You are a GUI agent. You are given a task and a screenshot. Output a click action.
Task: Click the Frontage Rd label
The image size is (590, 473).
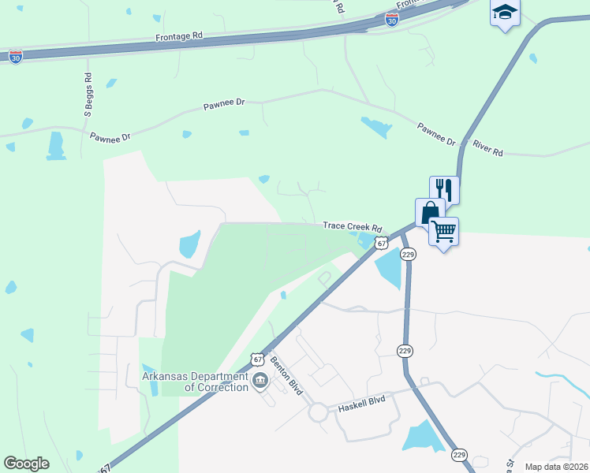click(x=179, y=36)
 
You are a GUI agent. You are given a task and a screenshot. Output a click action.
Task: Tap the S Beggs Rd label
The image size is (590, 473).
click(x=88, y=95)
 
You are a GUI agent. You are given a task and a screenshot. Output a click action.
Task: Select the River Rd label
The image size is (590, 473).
click(x=487, y=147)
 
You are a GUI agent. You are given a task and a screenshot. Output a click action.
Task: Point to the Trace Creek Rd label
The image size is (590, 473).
click(x=352, y=226)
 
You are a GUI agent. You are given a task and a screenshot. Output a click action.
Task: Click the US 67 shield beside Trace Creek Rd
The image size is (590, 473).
click(x=382, y=244)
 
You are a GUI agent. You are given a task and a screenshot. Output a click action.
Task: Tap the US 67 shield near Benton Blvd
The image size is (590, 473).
click(x=257, y=359)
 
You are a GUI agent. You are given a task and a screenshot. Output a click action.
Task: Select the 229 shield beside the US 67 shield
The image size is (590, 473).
click(x=408, y=254)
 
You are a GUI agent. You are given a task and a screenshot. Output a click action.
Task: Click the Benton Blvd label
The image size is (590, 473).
click(x=286, y=371)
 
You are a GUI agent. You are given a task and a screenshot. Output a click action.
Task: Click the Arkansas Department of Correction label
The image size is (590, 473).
click(x=195, y=382)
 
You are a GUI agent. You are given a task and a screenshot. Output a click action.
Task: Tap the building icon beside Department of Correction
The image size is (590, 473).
click(x=261, y=383)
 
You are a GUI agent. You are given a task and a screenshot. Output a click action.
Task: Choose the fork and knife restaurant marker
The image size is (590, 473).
click(x=444, y=190)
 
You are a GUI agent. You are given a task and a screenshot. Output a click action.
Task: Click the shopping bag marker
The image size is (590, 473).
click(x=430, y=213)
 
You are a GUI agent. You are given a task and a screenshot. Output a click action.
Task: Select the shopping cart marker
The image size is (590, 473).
click(x=444, y=232)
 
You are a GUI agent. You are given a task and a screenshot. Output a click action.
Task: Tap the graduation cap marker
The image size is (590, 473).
click(x=505, y=13)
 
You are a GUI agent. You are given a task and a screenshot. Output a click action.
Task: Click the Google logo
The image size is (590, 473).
click(x=27, y=464)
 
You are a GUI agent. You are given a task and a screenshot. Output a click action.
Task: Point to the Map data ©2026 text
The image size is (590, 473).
click(x=555, y=467)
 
